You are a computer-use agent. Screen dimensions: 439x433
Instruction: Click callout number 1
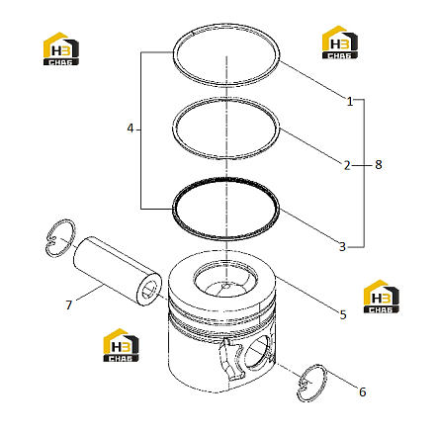[x=350, y=101]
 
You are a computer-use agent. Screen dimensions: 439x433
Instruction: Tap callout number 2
[x=347, y=165]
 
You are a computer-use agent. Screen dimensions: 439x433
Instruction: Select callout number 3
[x=342, y=246]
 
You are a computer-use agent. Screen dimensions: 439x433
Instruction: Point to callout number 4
[x=131, y=129]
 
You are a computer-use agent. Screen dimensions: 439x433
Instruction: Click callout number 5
[x=343, y=314]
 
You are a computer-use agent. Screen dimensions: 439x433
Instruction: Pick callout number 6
[x=363, y=391]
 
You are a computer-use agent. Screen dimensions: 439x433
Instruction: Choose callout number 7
[x=68, y=304]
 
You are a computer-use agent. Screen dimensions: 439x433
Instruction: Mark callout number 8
[x=379, y=164]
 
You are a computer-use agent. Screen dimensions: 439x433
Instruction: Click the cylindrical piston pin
[x=116, y=270]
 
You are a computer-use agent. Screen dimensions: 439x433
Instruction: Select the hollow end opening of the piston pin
[x=149, y=290]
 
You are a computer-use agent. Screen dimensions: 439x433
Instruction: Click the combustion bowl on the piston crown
[x=225, y=280]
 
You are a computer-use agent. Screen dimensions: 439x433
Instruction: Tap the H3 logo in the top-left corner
[x=61, y=48]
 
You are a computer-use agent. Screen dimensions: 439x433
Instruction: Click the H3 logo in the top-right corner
[x=340, y=43]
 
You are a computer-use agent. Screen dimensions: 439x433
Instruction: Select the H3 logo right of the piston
[x=382, y=297]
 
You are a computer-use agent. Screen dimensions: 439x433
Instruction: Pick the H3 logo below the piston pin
[x=121, y=345]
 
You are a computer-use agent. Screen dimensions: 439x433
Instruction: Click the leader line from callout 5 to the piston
[x=307, y=294]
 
